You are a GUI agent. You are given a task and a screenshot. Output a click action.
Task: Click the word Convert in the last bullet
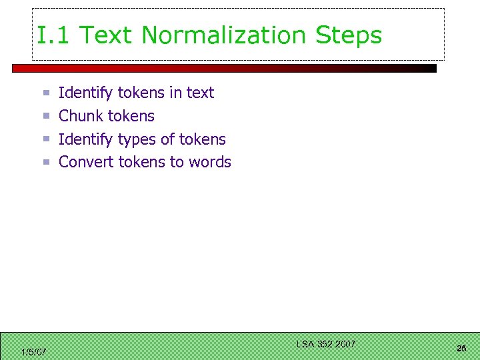[x=86, y=162]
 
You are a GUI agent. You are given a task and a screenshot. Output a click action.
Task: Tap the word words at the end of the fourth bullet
[x=209, y=162]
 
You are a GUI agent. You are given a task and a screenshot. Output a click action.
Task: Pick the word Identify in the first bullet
[x=86, y=93]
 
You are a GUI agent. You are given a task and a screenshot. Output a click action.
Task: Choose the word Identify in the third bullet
[x=86, y=139]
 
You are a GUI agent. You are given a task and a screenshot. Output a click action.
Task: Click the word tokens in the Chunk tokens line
[x=131, y=116]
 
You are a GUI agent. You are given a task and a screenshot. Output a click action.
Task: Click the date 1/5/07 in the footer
[x=33, y=352]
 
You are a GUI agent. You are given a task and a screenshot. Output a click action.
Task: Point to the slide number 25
[x=461, y=349]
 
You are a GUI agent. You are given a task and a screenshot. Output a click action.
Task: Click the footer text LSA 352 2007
[x=326, y=344]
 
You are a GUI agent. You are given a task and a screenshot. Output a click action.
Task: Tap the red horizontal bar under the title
[x=224, y=68]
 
